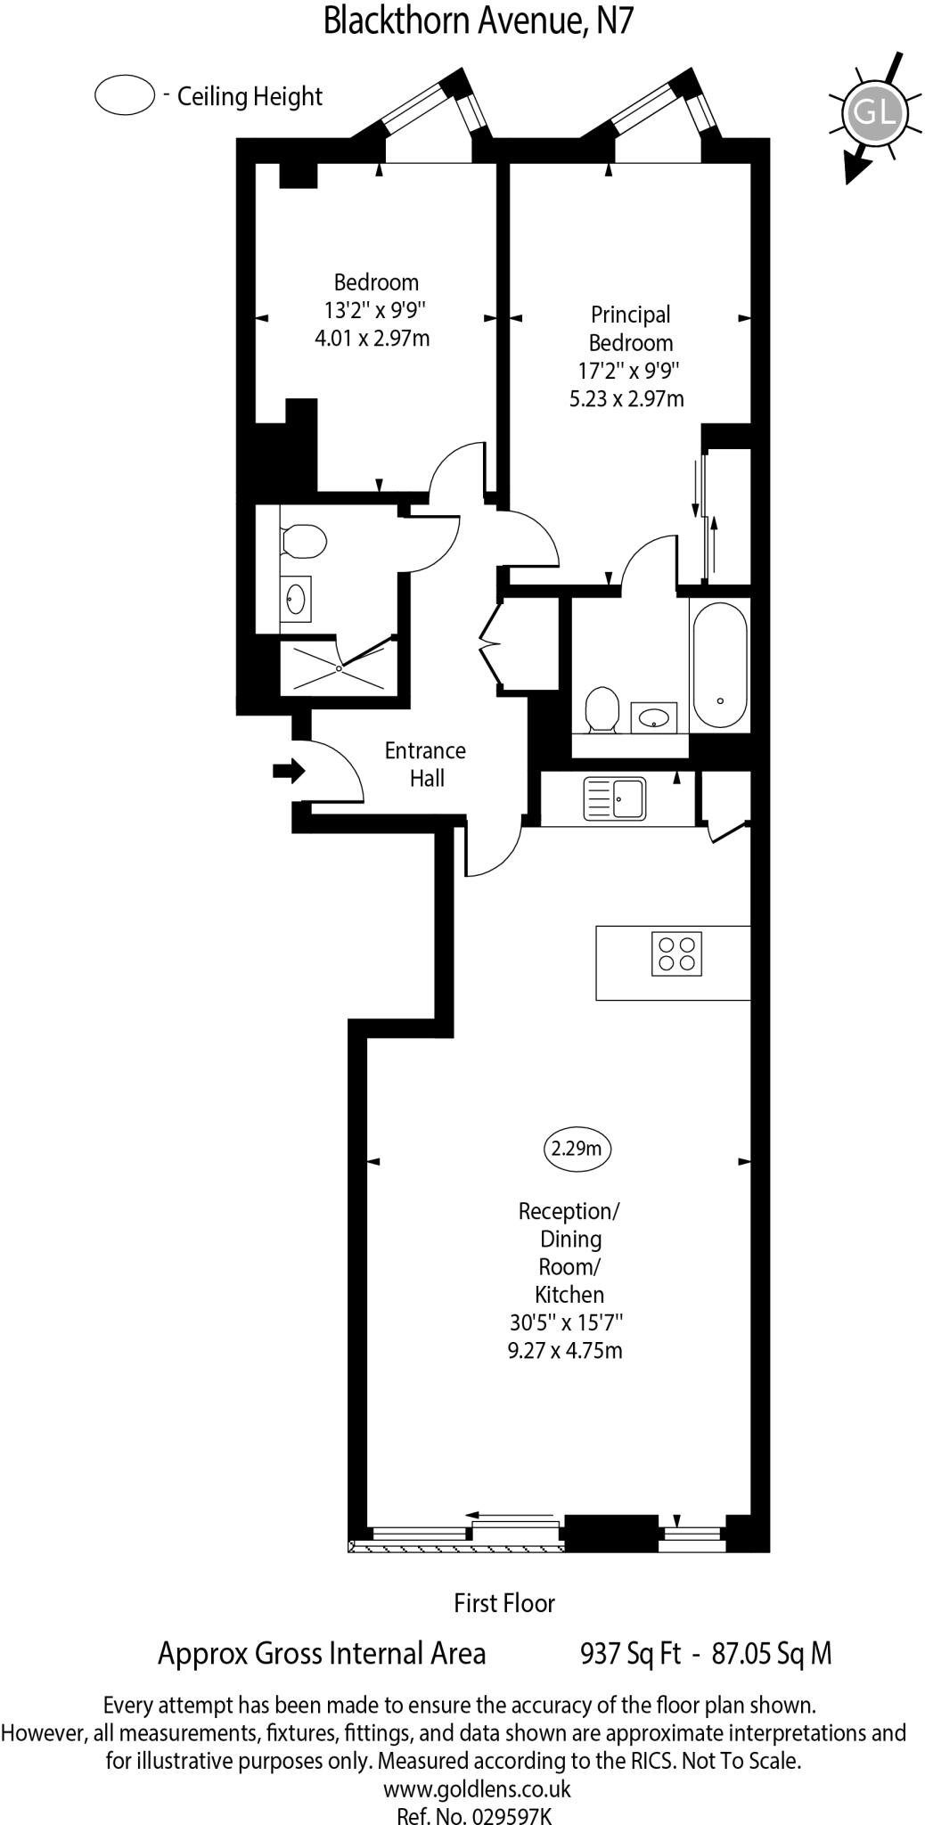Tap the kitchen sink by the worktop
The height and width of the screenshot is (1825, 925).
(x=614, y=798)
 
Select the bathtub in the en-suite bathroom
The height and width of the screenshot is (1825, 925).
(x=719, y=665)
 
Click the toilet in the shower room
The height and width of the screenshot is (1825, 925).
(x=304, y=541)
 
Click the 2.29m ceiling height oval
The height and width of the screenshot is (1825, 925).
(x=577, y=1149)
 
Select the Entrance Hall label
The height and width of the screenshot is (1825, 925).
(x=425, y=765)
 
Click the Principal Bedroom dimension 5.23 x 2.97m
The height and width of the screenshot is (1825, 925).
(x=626, y=398)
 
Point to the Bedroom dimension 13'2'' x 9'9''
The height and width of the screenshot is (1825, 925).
(x=375, y=310)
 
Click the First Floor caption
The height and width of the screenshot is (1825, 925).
(x=503, y=1603)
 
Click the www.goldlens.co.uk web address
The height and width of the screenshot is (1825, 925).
(x=477, y=1788)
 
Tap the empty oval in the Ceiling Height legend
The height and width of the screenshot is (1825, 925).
(x=125, y=95)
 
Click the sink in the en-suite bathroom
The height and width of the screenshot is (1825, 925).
(x=654, y=716)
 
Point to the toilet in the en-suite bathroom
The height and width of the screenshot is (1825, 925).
(x=602, y=708)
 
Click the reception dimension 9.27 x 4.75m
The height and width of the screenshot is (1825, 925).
(x=564, y=1349)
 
